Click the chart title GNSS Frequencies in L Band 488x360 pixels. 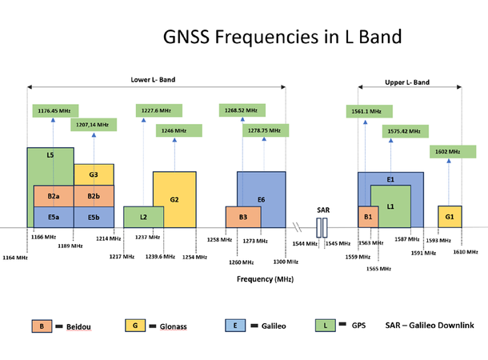tap(282, 38)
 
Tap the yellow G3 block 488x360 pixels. tap(94, 174)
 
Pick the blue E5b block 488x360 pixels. tap(94, 217)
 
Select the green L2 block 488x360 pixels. tap(143, 217)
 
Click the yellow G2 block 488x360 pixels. tap(174, 198)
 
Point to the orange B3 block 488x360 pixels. tap(242, 217)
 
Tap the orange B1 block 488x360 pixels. tap(368, 217)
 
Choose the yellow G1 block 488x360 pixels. tap(449, 217)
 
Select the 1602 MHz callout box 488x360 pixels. tap(448, 151)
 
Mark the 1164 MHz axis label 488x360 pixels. tap(14, 258)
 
